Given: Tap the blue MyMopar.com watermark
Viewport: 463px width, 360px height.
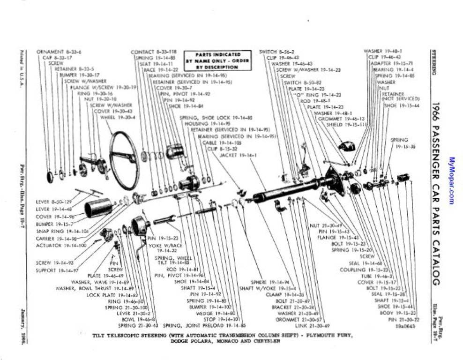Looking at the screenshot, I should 452,180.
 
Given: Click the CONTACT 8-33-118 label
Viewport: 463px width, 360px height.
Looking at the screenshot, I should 153,52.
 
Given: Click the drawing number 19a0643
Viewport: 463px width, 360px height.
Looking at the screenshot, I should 407,325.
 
